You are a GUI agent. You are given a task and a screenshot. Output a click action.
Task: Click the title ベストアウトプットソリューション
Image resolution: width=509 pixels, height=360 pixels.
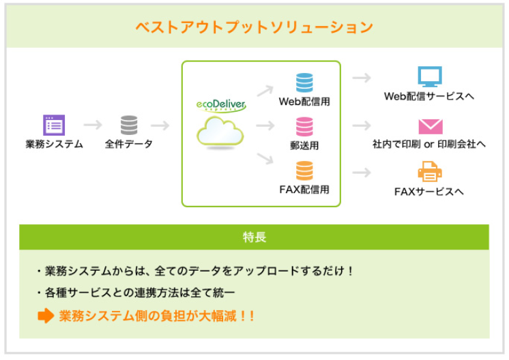click(x=254, y=27)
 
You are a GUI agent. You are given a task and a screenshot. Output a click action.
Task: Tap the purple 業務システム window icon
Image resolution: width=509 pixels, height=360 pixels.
click(x=54, y=125)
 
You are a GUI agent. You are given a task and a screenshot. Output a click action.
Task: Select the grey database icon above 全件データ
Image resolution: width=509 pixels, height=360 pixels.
click(x=129, y=125)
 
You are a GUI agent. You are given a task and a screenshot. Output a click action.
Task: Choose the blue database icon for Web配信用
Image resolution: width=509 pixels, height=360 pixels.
click(x=304, y=82)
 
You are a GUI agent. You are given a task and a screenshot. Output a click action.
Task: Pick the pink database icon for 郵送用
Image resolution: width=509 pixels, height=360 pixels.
click(x=304, y=126)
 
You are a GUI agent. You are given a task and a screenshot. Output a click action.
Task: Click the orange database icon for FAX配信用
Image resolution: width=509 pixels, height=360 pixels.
click(x=304, y=170)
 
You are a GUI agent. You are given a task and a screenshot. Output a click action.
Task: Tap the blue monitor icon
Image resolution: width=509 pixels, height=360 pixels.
click(x=430, y=76)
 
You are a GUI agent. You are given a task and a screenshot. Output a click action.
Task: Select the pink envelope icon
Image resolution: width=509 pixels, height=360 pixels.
click(x=430, y=125)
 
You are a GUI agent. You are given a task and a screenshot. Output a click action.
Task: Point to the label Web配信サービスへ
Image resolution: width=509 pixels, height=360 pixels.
click(x=429, y=96)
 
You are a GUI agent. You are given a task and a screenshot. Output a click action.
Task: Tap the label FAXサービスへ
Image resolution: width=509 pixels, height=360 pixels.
click(x=429, y=192)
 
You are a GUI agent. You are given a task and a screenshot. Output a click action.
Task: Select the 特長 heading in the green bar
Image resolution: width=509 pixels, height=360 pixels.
click(x=254, y=237)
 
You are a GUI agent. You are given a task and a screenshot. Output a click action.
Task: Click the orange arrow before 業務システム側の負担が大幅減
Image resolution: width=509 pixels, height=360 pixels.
click(x=45, y=316)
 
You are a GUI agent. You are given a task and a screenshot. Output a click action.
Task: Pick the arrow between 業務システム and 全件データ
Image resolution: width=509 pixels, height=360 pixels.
click(x=92, y=125)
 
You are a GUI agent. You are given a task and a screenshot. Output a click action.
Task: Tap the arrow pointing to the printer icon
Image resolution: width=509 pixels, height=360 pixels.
click(x=362, y=172)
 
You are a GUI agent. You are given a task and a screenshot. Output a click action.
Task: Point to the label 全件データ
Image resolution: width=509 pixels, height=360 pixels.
click(x=129, y=144)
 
